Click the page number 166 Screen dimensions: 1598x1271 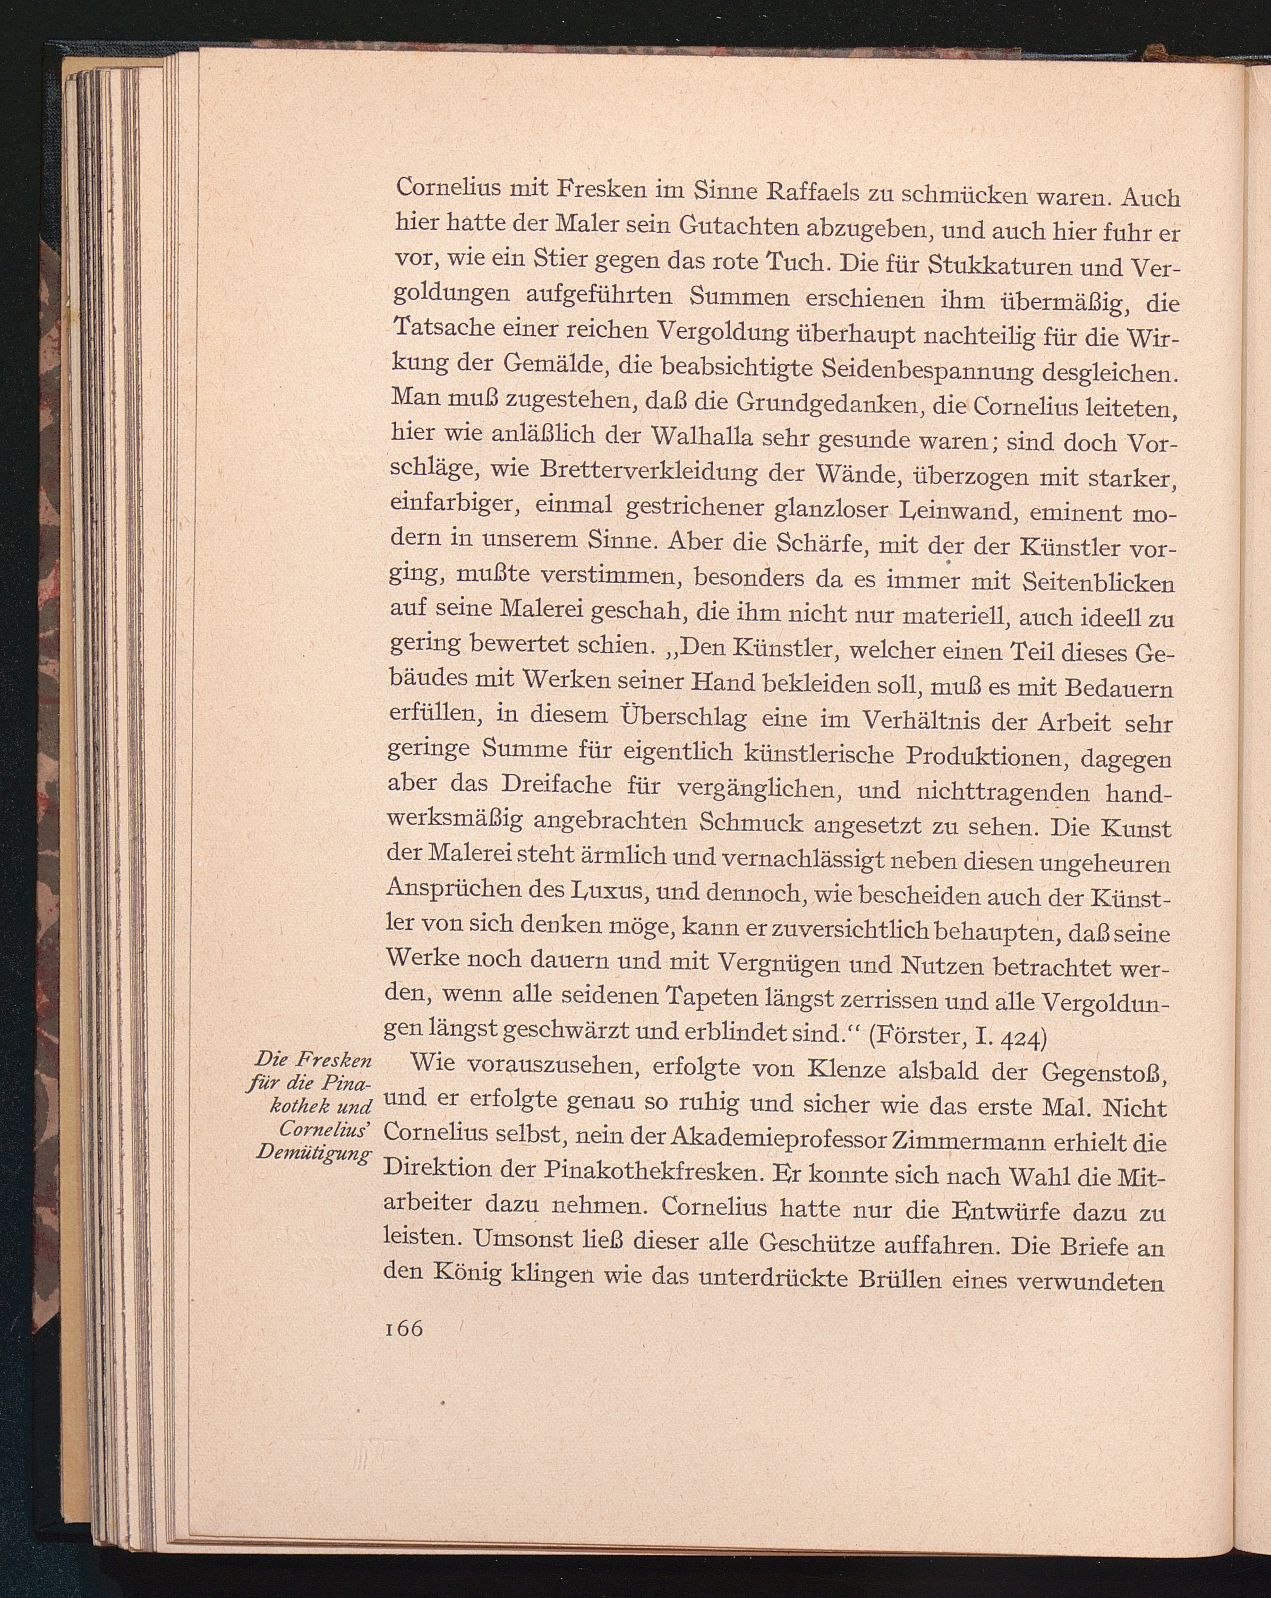pos(404,1328)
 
